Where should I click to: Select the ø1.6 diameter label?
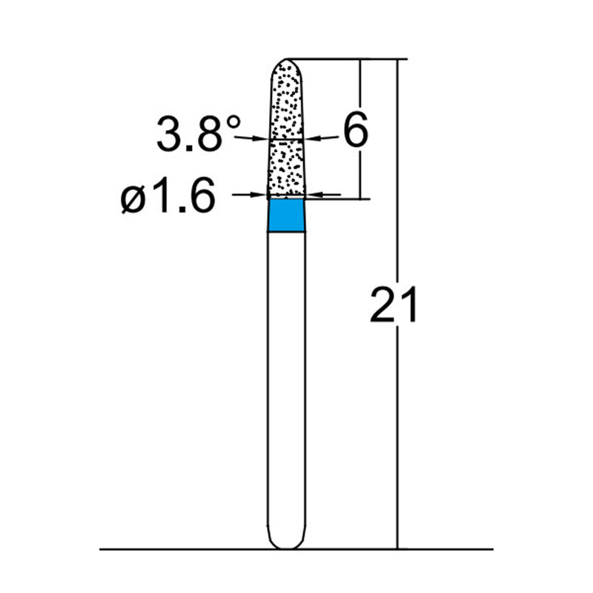click(x=169, y=198)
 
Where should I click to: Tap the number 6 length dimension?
click(x=354, y=132)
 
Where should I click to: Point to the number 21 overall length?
click(x=394, y=305)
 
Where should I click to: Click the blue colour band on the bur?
click(x=286, y=216)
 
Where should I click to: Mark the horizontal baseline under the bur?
click(x=185, y=549)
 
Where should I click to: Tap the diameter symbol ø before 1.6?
click(x=133, y=199)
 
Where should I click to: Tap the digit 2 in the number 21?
click(x=383, y=305)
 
